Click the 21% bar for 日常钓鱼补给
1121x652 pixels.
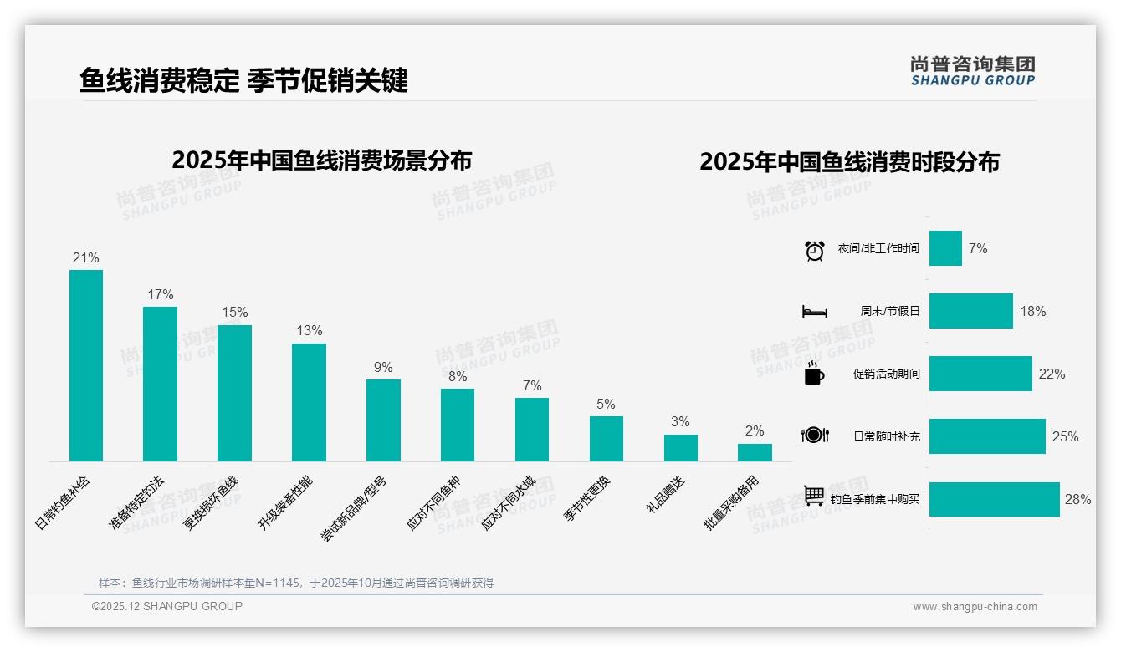click(86, 365)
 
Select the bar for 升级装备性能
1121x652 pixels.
click(309, 402)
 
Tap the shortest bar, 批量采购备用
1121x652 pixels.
click(755, 452)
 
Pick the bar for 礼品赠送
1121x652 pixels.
click(681, 448)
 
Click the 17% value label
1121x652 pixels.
click(160, 294)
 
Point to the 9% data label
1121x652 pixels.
click(383, 367)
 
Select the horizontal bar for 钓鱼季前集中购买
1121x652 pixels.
click(994, 499)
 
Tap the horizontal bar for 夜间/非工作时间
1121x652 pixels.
click(945, 248)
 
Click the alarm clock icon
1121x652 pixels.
click(814, 250)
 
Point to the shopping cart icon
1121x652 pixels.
click(814, 496)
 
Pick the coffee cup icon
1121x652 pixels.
click(814, 374)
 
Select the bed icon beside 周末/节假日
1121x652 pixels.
click(814, 312)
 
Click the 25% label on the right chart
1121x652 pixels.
click(1066, 436)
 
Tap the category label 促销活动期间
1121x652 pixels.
click(886, 374)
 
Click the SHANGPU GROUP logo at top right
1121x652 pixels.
click(973, 71)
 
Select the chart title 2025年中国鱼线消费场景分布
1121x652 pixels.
click(321, 160)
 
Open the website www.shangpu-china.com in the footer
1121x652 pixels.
click(975, 607)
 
